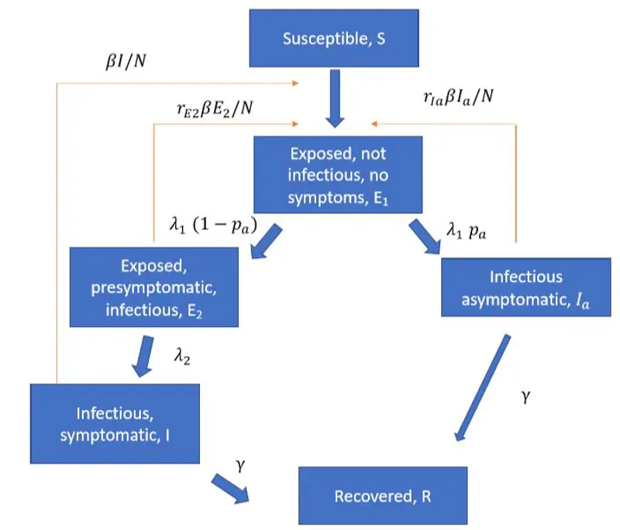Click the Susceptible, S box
click(x=334, y=39)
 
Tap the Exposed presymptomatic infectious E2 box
click(x=152, y=287)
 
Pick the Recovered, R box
click(x=383, y=495)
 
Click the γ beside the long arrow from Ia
click(x=528, y=397)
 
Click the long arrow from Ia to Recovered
click(x=483, y=387)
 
